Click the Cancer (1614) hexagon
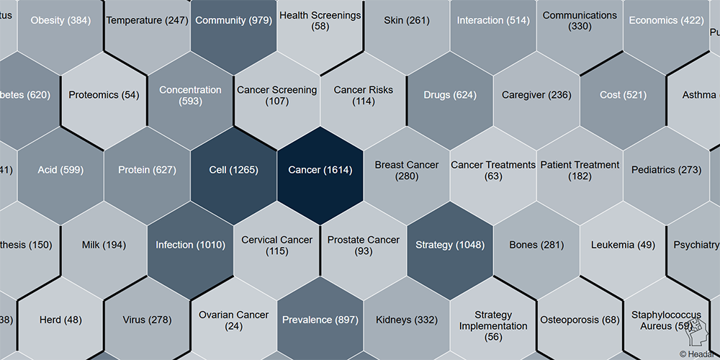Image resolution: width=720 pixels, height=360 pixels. tap(320, 170)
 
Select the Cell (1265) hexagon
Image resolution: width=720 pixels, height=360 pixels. tap(233, 170)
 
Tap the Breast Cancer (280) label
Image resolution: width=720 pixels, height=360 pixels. tap(406, 170)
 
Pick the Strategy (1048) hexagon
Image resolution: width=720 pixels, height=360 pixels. tap(450, 245)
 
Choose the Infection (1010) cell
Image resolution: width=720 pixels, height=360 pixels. tap(190, 245)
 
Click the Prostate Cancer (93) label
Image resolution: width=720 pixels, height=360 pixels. tap(364, 245)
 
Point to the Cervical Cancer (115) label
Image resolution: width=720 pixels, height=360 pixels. tap(276, 245)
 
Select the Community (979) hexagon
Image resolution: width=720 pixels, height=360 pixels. tap(233, 20)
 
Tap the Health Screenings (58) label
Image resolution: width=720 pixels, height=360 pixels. tap(320, 20)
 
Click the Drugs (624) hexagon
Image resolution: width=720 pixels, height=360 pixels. tap(450, 95)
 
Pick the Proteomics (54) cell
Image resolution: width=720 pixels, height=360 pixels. tap(104, 95)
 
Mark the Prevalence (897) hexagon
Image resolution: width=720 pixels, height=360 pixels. tap(320, 320)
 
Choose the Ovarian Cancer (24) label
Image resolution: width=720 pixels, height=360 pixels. tap(233, 320)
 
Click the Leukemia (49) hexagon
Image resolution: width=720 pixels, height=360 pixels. tap(623, 245)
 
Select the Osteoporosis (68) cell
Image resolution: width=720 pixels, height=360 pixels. tap(580, 320)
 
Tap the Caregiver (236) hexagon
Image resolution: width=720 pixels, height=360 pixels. tap(536, 95)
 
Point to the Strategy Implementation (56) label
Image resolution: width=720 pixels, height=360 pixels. tap(493, 325)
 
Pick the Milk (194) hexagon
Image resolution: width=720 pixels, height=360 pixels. tap(104, 245)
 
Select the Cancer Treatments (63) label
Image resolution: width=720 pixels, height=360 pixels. tap(493, 170)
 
